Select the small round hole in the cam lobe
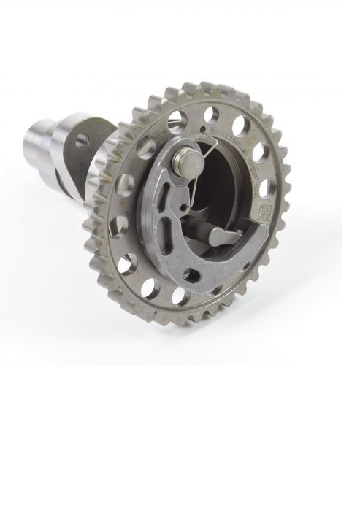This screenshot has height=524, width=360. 81,139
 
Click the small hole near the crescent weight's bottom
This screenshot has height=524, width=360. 192,274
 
